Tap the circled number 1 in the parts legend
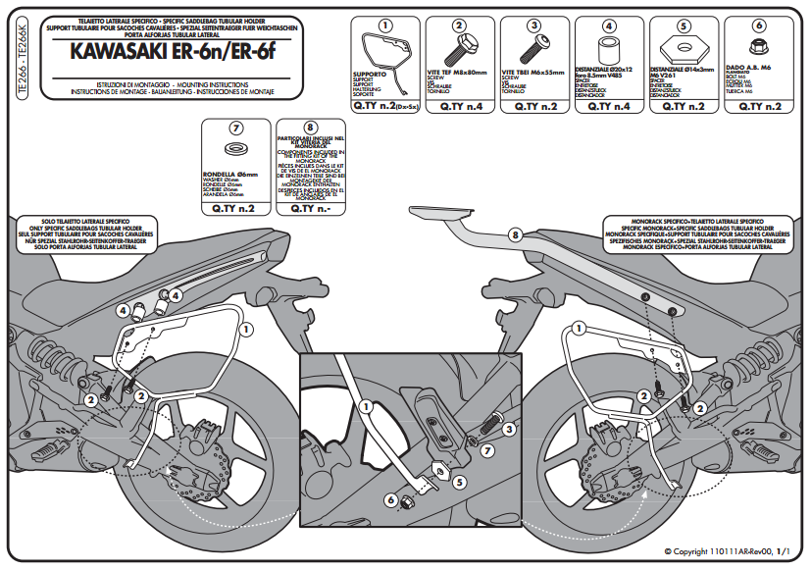coord(384,25)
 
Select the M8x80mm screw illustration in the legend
coord(458,47)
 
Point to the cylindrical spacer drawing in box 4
coord(609,47)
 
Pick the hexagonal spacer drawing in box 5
coord(684,46)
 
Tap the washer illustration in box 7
coord(236,150)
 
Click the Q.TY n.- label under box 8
coord(310,208)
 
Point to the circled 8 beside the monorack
coord(515,234)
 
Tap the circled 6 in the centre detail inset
coord(389,500)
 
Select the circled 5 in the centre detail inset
coord(457,482)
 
